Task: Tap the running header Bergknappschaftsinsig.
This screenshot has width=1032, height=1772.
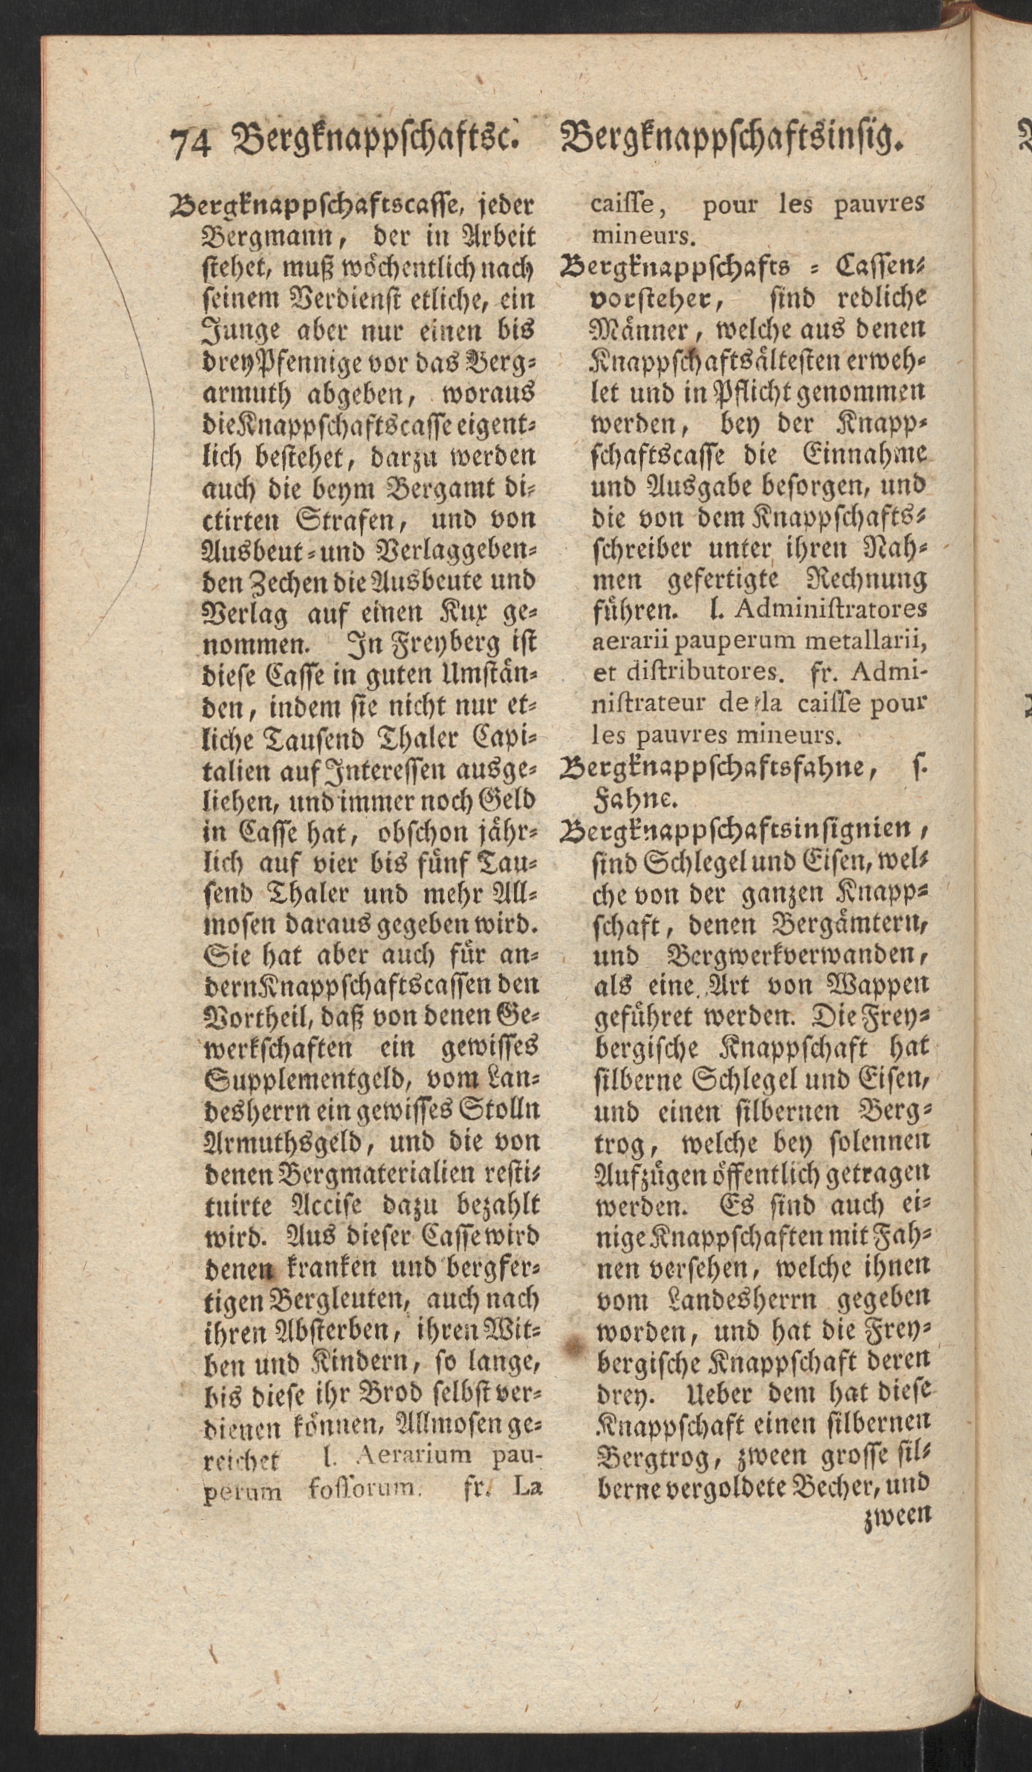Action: click(x=734, y=138)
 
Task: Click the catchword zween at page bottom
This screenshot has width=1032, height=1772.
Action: click(x=896, y=1517)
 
